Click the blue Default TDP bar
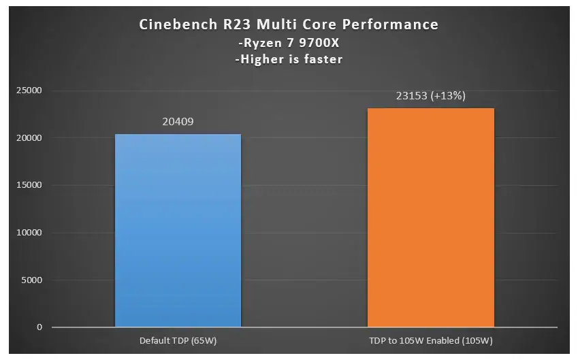[x=178, y=231]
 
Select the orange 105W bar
[x=430, y=218]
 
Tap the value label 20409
[x=178, y=122]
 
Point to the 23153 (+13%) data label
[x=430, y=96]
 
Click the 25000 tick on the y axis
[x=28, y=91]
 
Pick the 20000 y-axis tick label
[x=28, y=138]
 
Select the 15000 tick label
[x=28, y=185]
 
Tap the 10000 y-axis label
[x=28, y=233]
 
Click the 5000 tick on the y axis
[x=30, y=280]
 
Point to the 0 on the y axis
[x=39, y=327]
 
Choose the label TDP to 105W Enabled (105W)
[x=430, y=341]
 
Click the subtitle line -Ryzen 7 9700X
[x=288, y=42]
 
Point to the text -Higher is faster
[x=288, y=59]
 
